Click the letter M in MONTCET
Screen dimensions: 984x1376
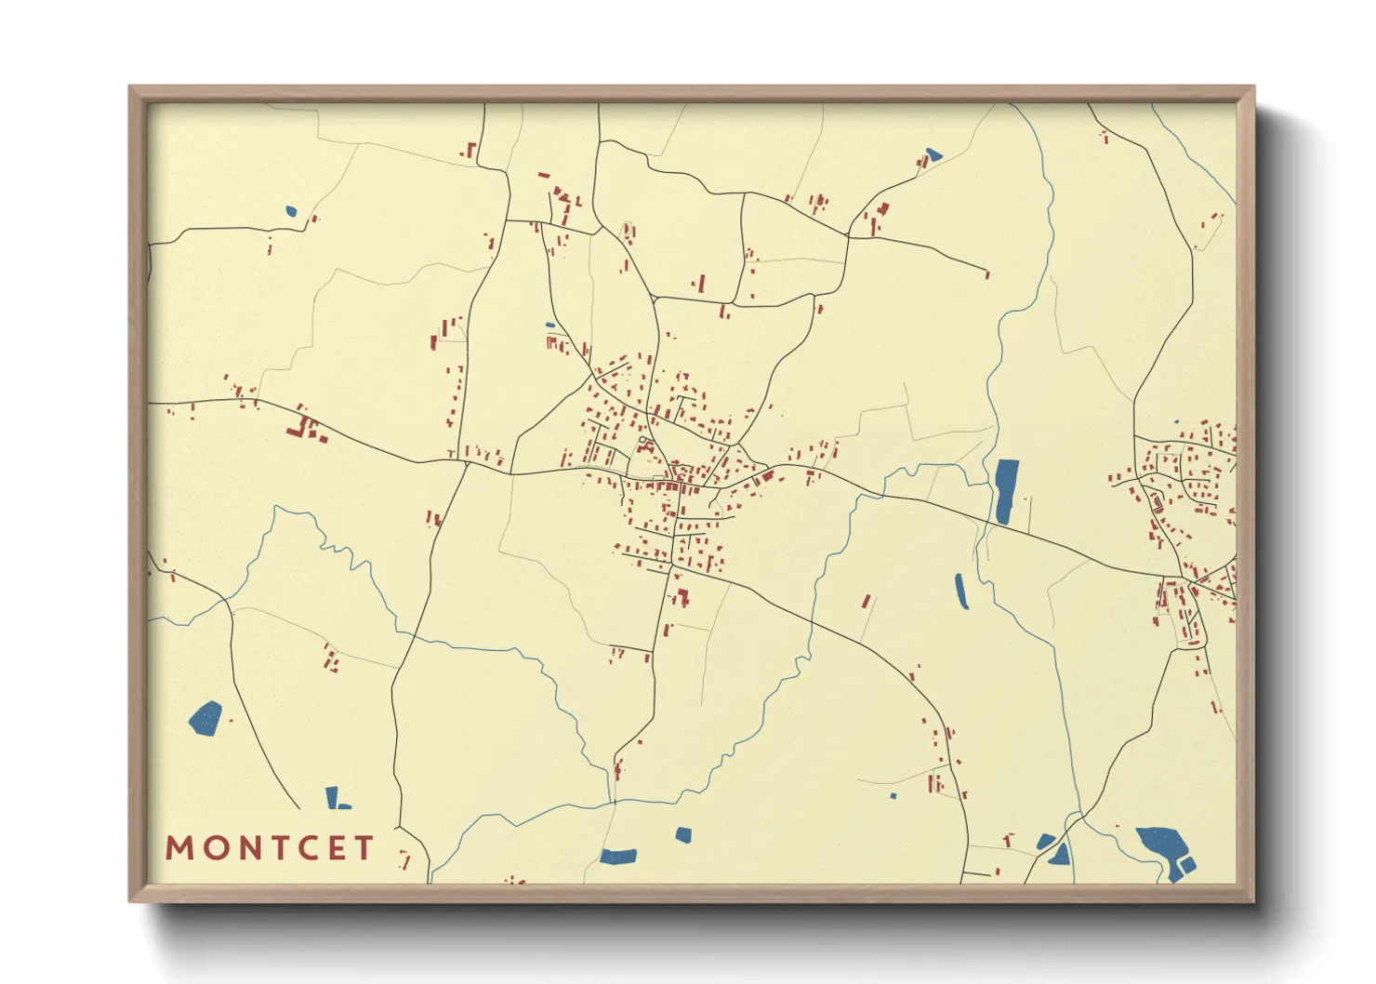pyautogui.click(x=180, y=847)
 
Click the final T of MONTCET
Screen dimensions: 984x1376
pyautogui.click(x=364, y=847)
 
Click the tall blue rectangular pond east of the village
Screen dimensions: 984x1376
pyautogui.click(x=1006, y=491)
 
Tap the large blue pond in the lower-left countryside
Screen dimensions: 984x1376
pyautogui.click(x=205, y=718)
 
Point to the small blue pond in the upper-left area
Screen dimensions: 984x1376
pyautogui.click(x=291, y=211)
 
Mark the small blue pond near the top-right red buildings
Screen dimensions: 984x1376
pyautogui.click(x=933, y=154)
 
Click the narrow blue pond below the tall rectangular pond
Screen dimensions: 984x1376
pyautogui.click(x=961, y=592)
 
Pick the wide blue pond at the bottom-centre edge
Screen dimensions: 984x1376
pyautogui.click(x=618, y=856)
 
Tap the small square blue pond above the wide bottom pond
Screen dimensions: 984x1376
pyautogui.click(x=683, y=834)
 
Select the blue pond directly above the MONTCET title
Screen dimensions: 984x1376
pyautogui.click(x=334, y=797)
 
